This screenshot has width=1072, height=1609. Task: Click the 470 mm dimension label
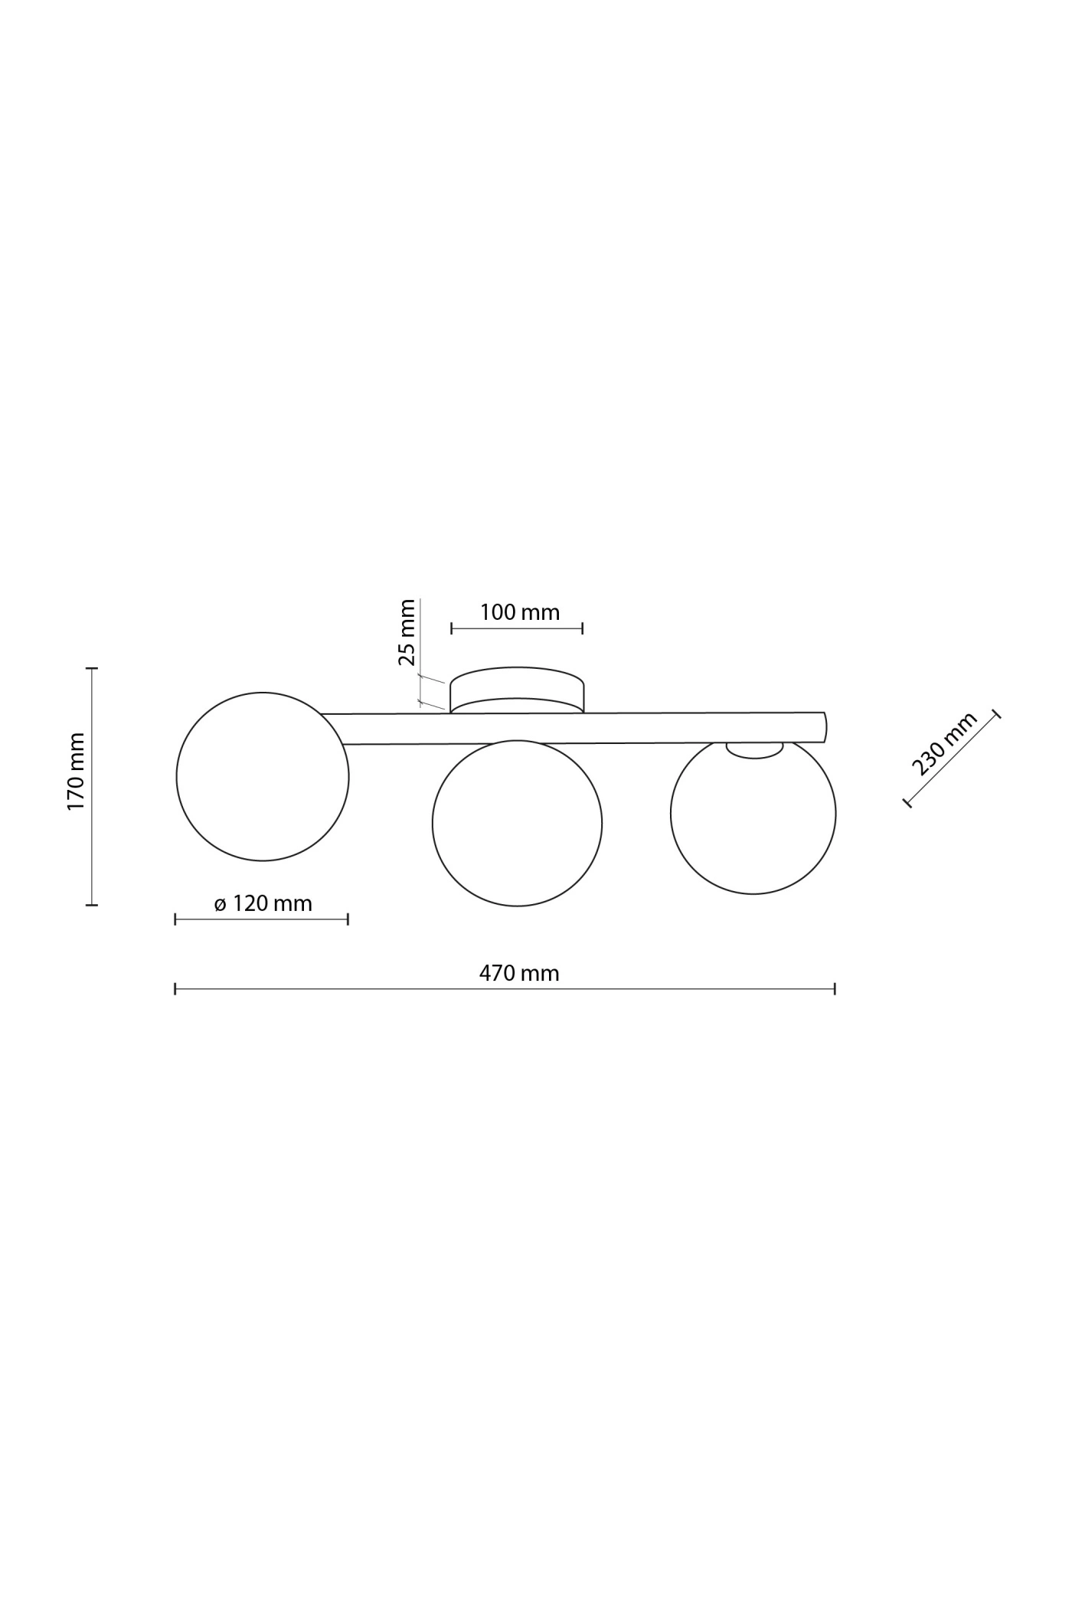[x=519, y=973]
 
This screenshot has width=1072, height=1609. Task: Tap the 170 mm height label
[x=76, y=772]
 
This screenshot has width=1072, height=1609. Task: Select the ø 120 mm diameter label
[x=263, y=903]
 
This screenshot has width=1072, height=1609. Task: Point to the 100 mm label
[x=520, y=612]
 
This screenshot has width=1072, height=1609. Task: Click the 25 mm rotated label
[x=407, y=632]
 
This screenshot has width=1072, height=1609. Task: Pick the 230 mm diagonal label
[x=944, y=743]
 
